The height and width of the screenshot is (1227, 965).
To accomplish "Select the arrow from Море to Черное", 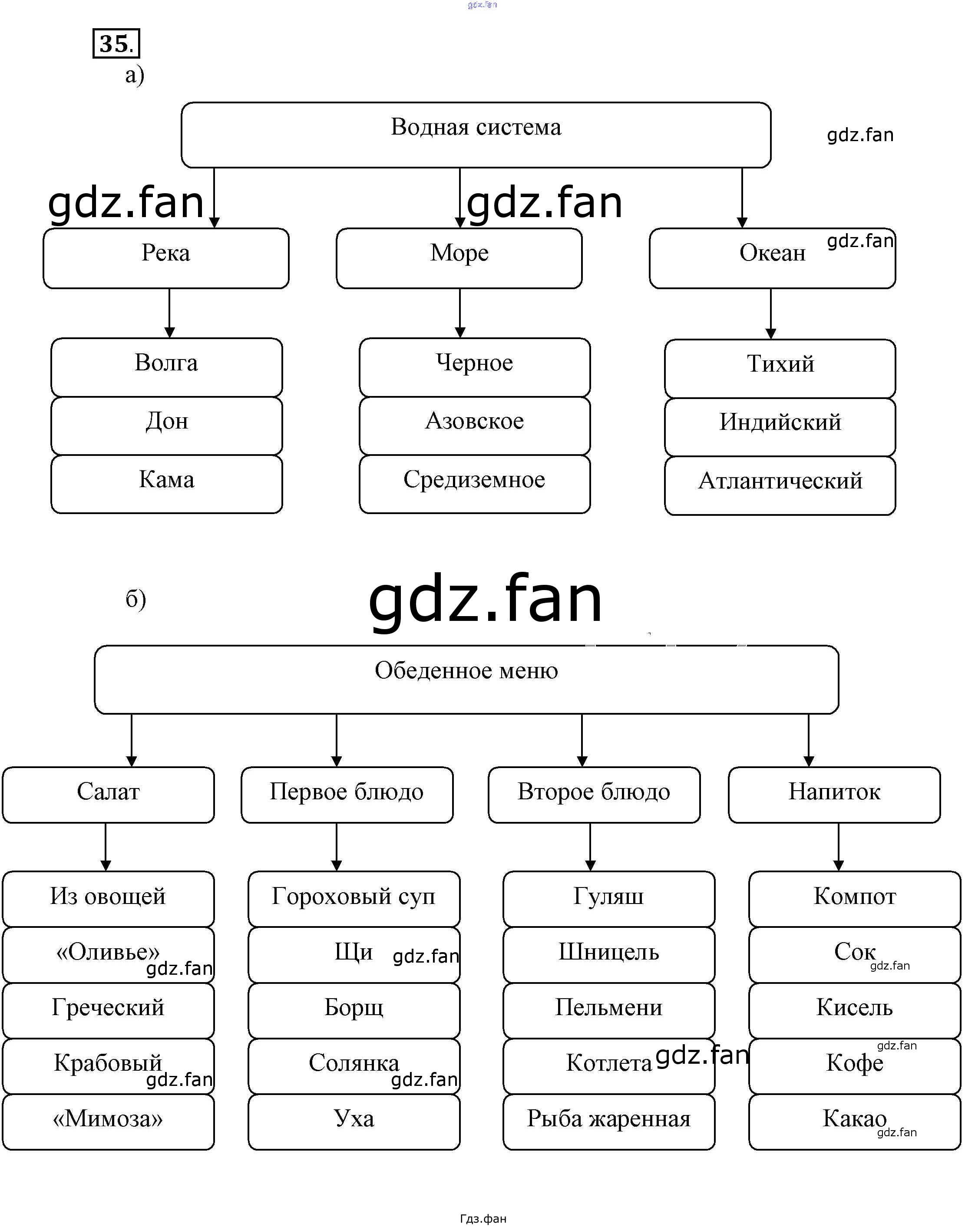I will [x=460, y=313].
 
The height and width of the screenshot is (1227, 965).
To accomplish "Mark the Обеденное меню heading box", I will [x=466, y=679].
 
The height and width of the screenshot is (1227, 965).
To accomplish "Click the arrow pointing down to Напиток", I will [x=809, y=740].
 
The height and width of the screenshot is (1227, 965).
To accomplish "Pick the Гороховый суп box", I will [x=354, y=898].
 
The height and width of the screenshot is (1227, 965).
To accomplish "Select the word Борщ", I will [x=354, y=1007].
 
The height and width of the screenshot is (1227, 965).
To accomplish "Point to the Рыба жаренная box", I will [x=608, y=1121].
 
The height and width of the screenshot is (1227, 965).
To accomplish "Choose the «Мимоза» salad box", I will [x=108, y=1121].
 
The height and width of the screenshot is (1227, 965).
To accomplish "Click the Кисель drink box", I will [x=854, y=1009].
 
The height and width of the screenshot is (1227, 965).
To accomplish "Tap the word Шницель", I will [x=608, y=952].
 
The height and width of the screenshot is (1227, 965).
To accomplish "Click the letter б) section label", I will [x=135, y=599].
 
